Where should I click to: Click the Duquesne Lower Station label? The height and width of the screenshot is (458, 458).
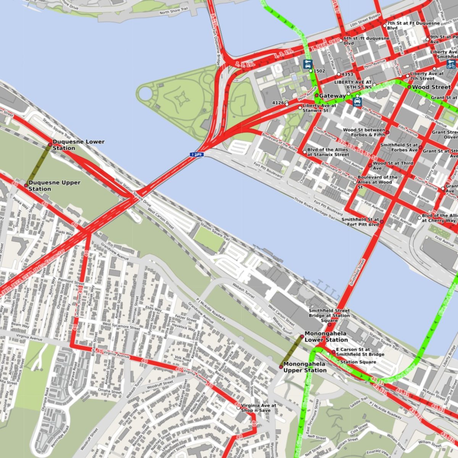[78, 145]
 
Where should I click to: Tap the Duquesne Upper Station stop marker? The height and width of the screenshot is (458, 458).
[26, 185]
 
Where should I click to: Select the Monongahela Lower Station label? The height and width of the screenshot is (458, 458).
[326, 337]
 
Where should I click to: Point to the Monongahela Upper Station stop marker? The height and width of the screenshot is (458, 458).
[281, 367]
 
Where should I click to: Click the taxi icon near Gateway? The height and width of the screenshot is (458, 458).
[357, 102]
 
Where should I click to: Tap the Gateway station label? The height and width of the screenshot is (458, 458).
[332, 95]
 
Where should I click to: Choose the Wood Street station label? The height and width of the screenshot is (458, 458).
[431, 87]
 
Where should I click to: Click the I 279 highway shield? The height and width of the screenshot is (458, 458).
[197, 155]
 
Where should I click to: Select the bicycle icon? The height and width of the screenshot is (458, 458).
[451, 64]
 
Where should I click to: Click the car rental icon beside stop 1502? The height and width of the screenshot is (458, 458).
[308, 64]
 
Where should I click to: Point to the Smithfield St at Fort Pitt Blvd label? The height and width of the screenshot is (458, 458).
[360, 222]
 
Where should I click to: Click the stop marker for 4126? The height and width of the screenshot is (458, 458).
[287, 103]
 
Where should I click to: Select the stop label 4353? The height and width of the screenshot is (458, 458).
[347, 74]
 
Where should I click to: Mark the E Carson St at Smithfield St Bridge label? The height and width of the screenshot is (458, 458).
[360, 352]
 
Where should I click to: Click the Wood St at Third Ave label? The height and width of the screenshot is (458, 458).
[393, 166]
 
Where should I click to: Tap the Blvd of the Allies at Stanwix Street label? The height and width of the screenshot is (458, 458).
[328, 152]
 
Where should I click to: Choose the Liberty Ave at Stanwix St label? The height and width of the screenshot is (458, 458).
[319, 108]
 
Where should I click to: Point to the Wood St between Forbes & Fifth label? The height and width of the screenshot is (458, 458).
[364, 132]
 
